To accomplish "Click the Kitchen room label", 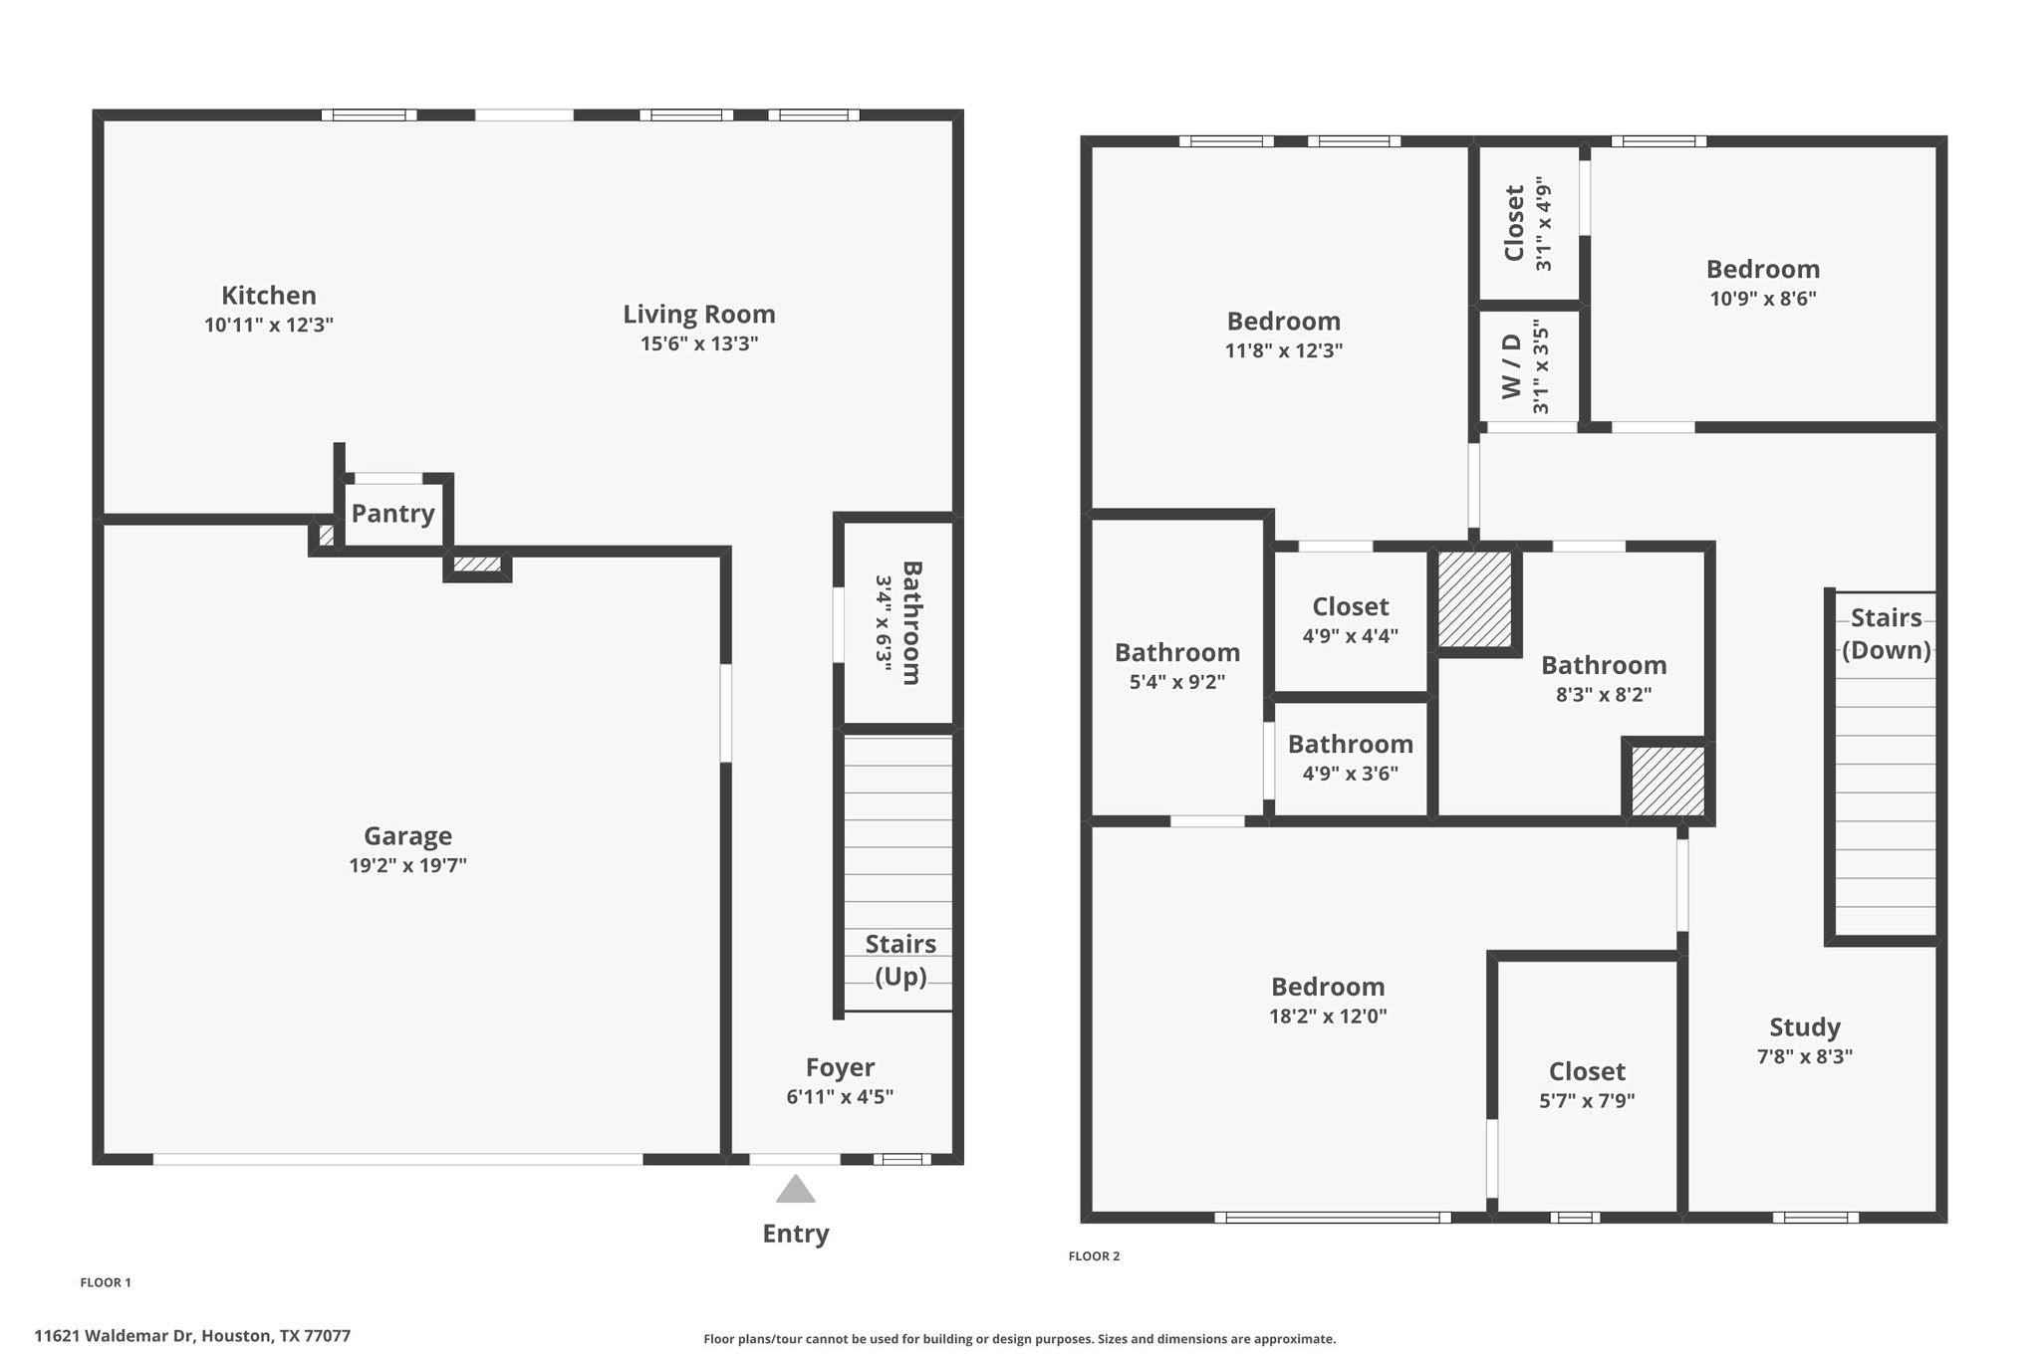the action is pos(269,296).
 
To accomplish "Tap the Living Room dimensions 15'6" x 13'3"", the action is pos(699,344).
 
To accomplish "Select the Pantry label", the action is pos(393,514).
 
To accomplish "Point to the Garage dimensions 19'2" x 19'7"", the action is pos(407,866).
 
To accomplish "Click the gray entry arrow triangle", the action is pos(795,1190).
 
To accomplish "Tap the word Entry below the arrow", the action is pos(796,1235).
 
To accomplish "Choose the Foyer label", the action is pos(841,1068).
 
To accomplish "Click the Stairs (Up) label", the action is pos(900,961).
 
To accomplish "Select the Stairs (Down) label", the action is pos(1886,634).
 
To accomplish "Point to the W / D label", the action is pos(1512,366).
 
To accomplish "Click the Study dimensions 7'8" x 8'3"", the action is pos(1805,1057).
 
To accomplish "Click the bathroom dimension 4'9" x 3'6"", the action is pos(1351,774).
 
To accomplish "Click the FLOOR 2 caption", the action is pos(1094,1256).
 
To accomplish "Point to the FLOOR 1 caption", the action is pos(106,1282).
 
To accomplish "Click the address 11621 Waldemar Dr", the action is pos(116,1336).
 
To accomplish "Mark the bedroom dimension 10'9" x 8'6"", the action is pos(1763,299).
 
